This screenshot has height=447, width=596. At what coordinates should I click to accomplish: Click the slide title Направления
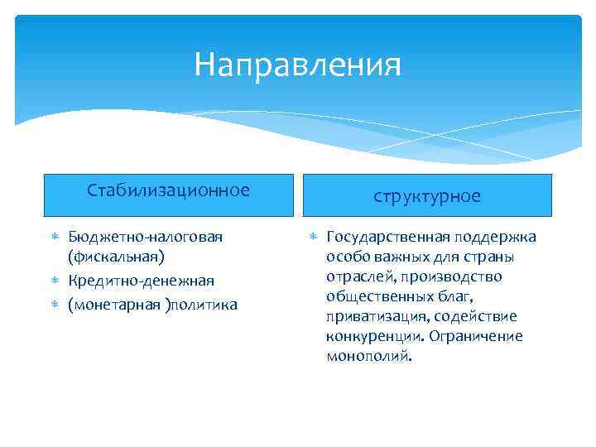(x=297, y=65)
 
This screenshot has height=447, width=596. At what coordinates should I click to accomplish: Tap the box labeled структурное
(x=426, y=195)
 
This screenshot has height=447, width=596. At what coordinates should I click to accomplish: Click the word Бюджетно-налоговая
(x=146, y=238)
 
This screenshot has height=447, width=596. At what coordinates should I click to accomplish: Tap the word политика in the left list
(x=204, y=305)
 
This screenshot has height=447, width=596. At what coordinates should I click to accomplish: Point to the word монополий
(x=368, y=356)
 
